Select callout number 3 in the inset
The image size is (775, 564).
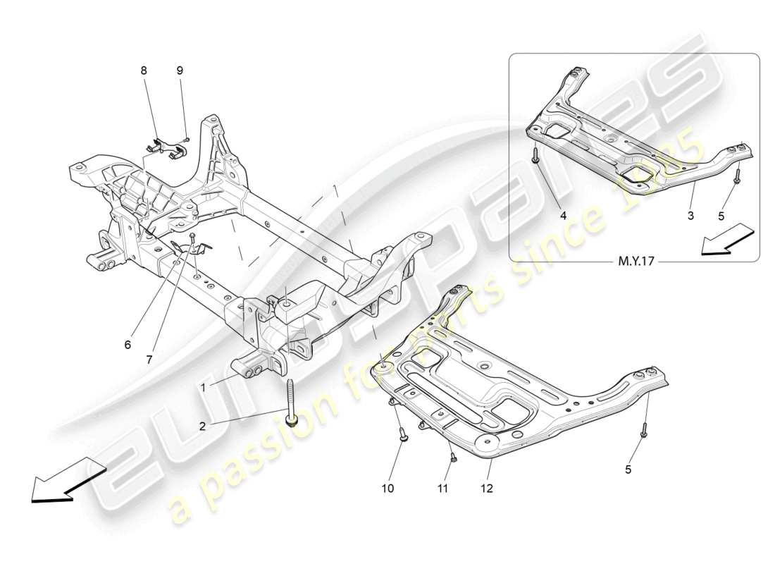(x=690, y=216)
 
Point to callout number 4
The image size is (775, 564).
(x=563, y=216)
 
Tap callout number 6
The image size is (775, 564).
(x=128, y=345)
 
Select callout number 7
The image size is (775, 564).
(x=149, y=360)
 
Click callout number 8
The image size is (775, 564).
(x=144, y=70)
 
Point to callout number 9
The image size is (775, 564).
(x=179, y=70)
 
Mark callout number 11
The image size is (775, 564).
(x=441, y=488)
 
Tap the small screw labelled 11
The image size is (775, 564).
(x=455, y=457)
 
